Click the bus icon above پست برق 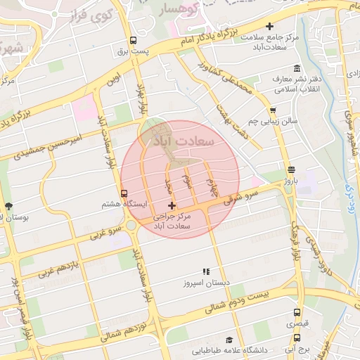coord(133,40)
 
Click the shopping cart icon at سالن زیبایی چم coord(273,110)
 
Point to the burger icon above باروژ coord(291,169)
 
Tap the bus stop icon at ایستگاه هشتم coord(124,193)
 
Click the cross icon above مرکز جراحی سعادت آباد coord(172,205)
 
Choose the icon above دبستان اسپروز coord(206,271)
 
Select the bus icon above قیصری coord(298,313)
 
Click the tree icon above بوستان coord(8,206)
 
